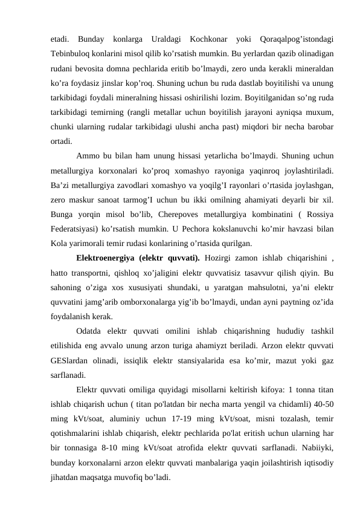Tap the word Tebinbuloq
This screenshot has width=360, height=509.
pos(72,53)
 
